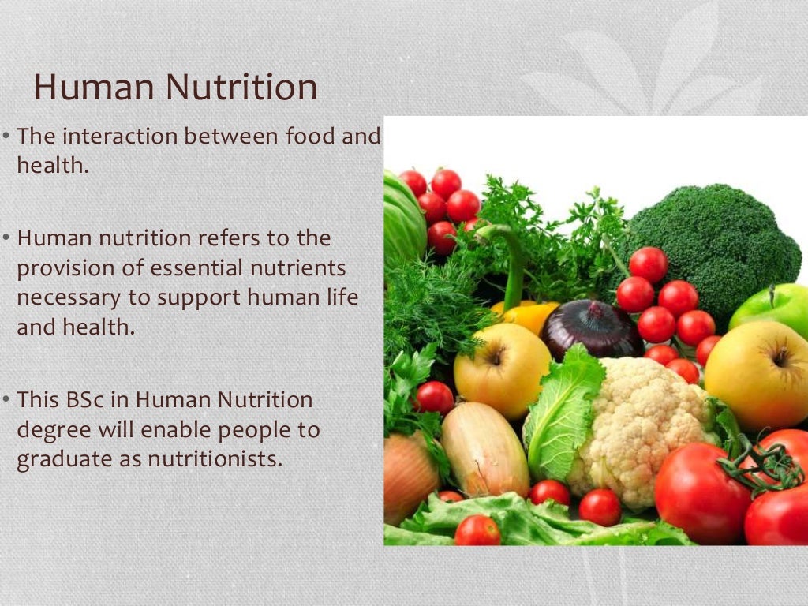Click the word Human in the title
(x=84, y=87)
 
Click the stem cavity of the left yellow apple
(x=496, y=357)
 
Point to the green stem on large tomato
(x=757, y=466)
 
